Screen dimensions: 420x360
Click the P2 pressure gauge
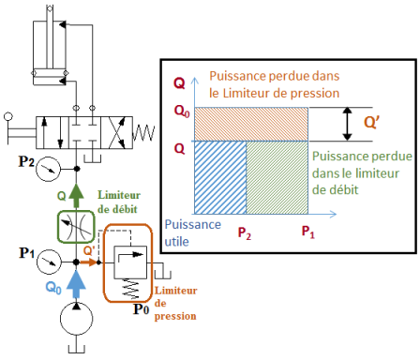pos(48,169)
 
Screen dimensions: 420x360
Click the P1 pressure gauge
pos(49,262)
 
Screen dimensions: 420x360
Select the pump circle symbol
pos(76,319)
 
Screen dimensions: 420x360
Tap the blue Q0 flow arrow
pos(76,284)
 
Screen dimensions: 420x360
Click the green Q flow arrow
pos(76,195)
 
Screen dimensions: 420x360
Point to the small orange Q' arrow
pos(89,262)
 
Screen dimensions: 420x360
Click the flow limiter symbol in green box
pos(76,227)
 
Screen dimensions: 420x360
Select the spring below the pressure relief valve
pos(131,289)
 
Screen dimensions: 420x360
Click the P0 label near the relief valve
pos(142,309)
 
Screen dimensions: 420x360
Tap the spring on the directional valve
pos(143,134)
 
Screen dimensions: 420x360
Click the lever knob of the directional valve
pos(8,117)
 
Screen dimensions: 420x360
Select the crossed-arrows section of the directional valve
pos(116,132)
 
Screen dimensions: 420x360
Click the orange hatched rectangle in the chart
pos(251,125)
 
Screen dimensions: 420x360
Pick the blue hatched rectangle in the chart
pos(220,177)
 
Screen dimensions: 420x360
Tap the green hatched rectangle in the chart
pos(277,177)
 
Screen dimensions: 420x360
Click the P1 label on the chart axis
pos(308,232)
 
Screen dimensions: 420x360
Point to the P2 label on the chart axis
pos(245,233)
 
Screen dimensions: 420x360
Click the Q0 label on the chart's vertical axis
pos(182,112)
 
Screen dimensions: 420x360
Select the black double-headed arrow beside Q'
pos(347,124)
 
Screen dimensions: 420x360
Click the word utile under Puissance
pos(176,242)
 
